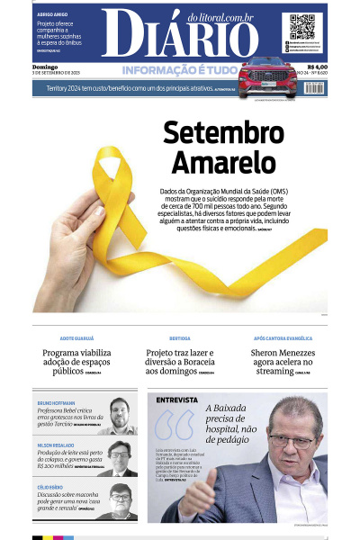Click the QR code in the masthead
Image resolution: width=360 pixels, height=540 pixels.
[x=301, y=26]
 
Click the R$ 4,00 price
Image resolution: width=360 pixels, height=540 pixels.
[x=317, y=66]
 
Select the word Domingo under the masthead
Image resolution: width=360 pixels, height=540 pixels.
[x=45, y=66]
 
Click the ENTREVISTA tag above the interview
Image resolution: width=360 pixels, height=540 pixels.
[x=176, y=399]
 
